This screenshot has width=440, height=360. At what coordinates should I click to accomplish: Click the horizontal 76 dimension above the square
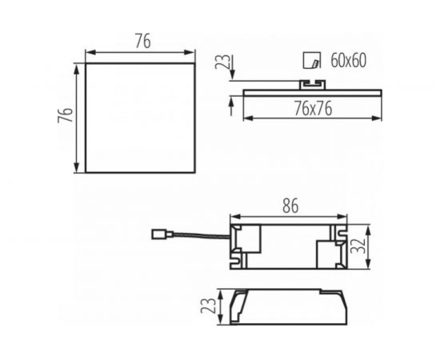143,42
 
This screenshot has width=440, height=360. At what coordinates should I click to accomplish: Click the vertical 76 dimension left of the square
66,114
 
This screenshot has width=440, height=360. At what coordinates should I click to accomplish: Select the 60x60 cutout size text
348,60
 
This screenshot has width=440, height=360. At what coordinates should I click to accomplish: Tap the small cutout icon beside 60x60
312,60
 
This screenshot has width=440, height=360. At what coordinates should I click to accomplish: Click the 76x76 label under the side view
313,109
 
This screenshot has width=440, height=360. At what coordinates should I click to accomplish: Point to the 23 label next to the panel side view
222,62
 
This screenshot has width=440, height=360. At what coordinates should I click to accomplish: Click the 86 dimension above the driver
290,206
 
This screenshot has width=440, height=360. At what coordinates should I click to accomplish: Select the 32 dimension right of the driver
358,246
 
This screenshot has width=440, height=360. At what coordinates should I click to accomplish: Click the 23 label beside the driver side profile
208,306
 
